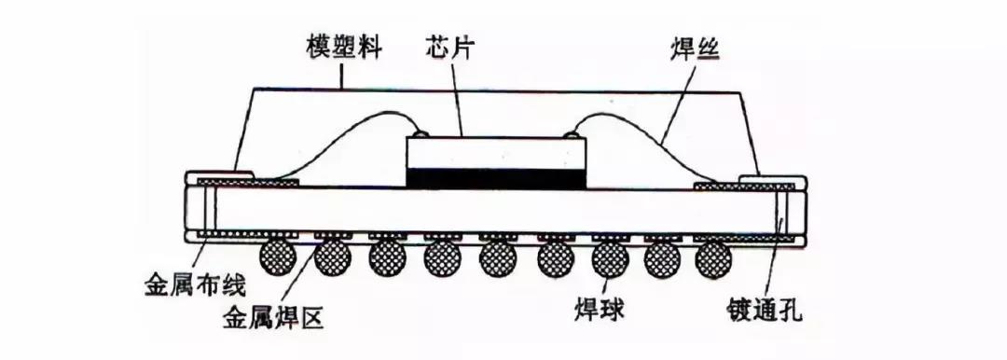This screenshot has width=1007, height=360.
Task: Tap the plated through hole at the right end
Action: (786, 212)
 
